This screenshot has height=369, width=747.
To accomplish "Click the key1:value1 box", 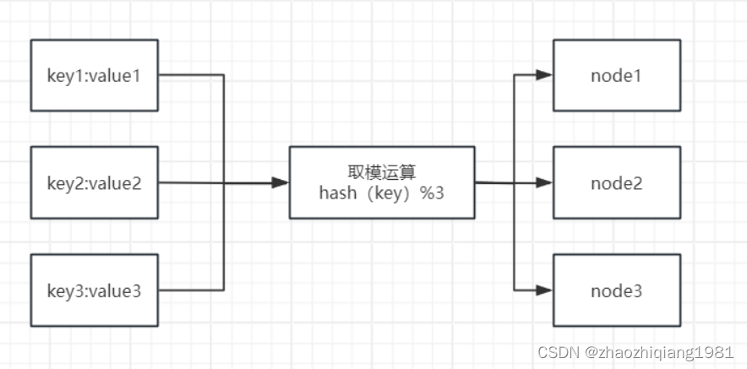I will (x=95, y=74).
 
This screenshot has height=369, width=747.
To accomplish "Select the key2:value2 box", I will (x=95, y=182).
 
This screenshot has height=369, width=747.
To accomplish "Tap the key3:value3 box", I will (x=95, y=290).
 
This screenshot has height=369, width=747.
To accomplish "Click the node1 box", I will (x=616, y=74).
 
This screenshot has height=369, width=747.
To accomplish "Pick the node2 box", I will (x=616, y=182).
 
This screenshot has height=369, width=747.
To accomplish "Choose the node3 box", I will (x=616, y=290).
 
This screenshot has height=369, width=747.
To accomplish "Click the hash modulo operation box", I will (x=381, y=182).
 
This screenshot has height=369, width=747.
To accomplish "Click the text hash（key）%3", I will (x=381, y=193).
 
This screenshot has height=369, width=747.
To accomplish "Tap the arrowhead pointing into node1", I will (x=544, y=74).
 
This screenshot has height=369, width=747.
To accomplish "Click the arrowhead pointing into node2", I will (x=544, y=182).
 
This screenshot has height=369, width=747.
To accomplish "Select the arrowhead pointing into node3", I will (x=544, y=290).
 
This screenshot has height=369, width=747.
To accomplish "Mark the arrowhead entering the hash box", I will (x=281, y=182).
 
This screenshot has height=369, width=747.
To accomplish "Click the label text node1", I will (x=616, y=75).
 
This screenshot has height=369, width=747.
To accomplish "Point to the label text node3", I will (x=616, y=291).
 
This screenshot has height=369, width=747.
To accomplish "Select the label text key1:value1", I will (x=94, y=75).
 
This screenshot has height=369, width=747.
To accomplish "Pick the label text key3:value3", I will (x=94, y=291).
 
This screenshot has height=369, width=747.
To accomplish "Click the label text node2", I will (x=616, y=183).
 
